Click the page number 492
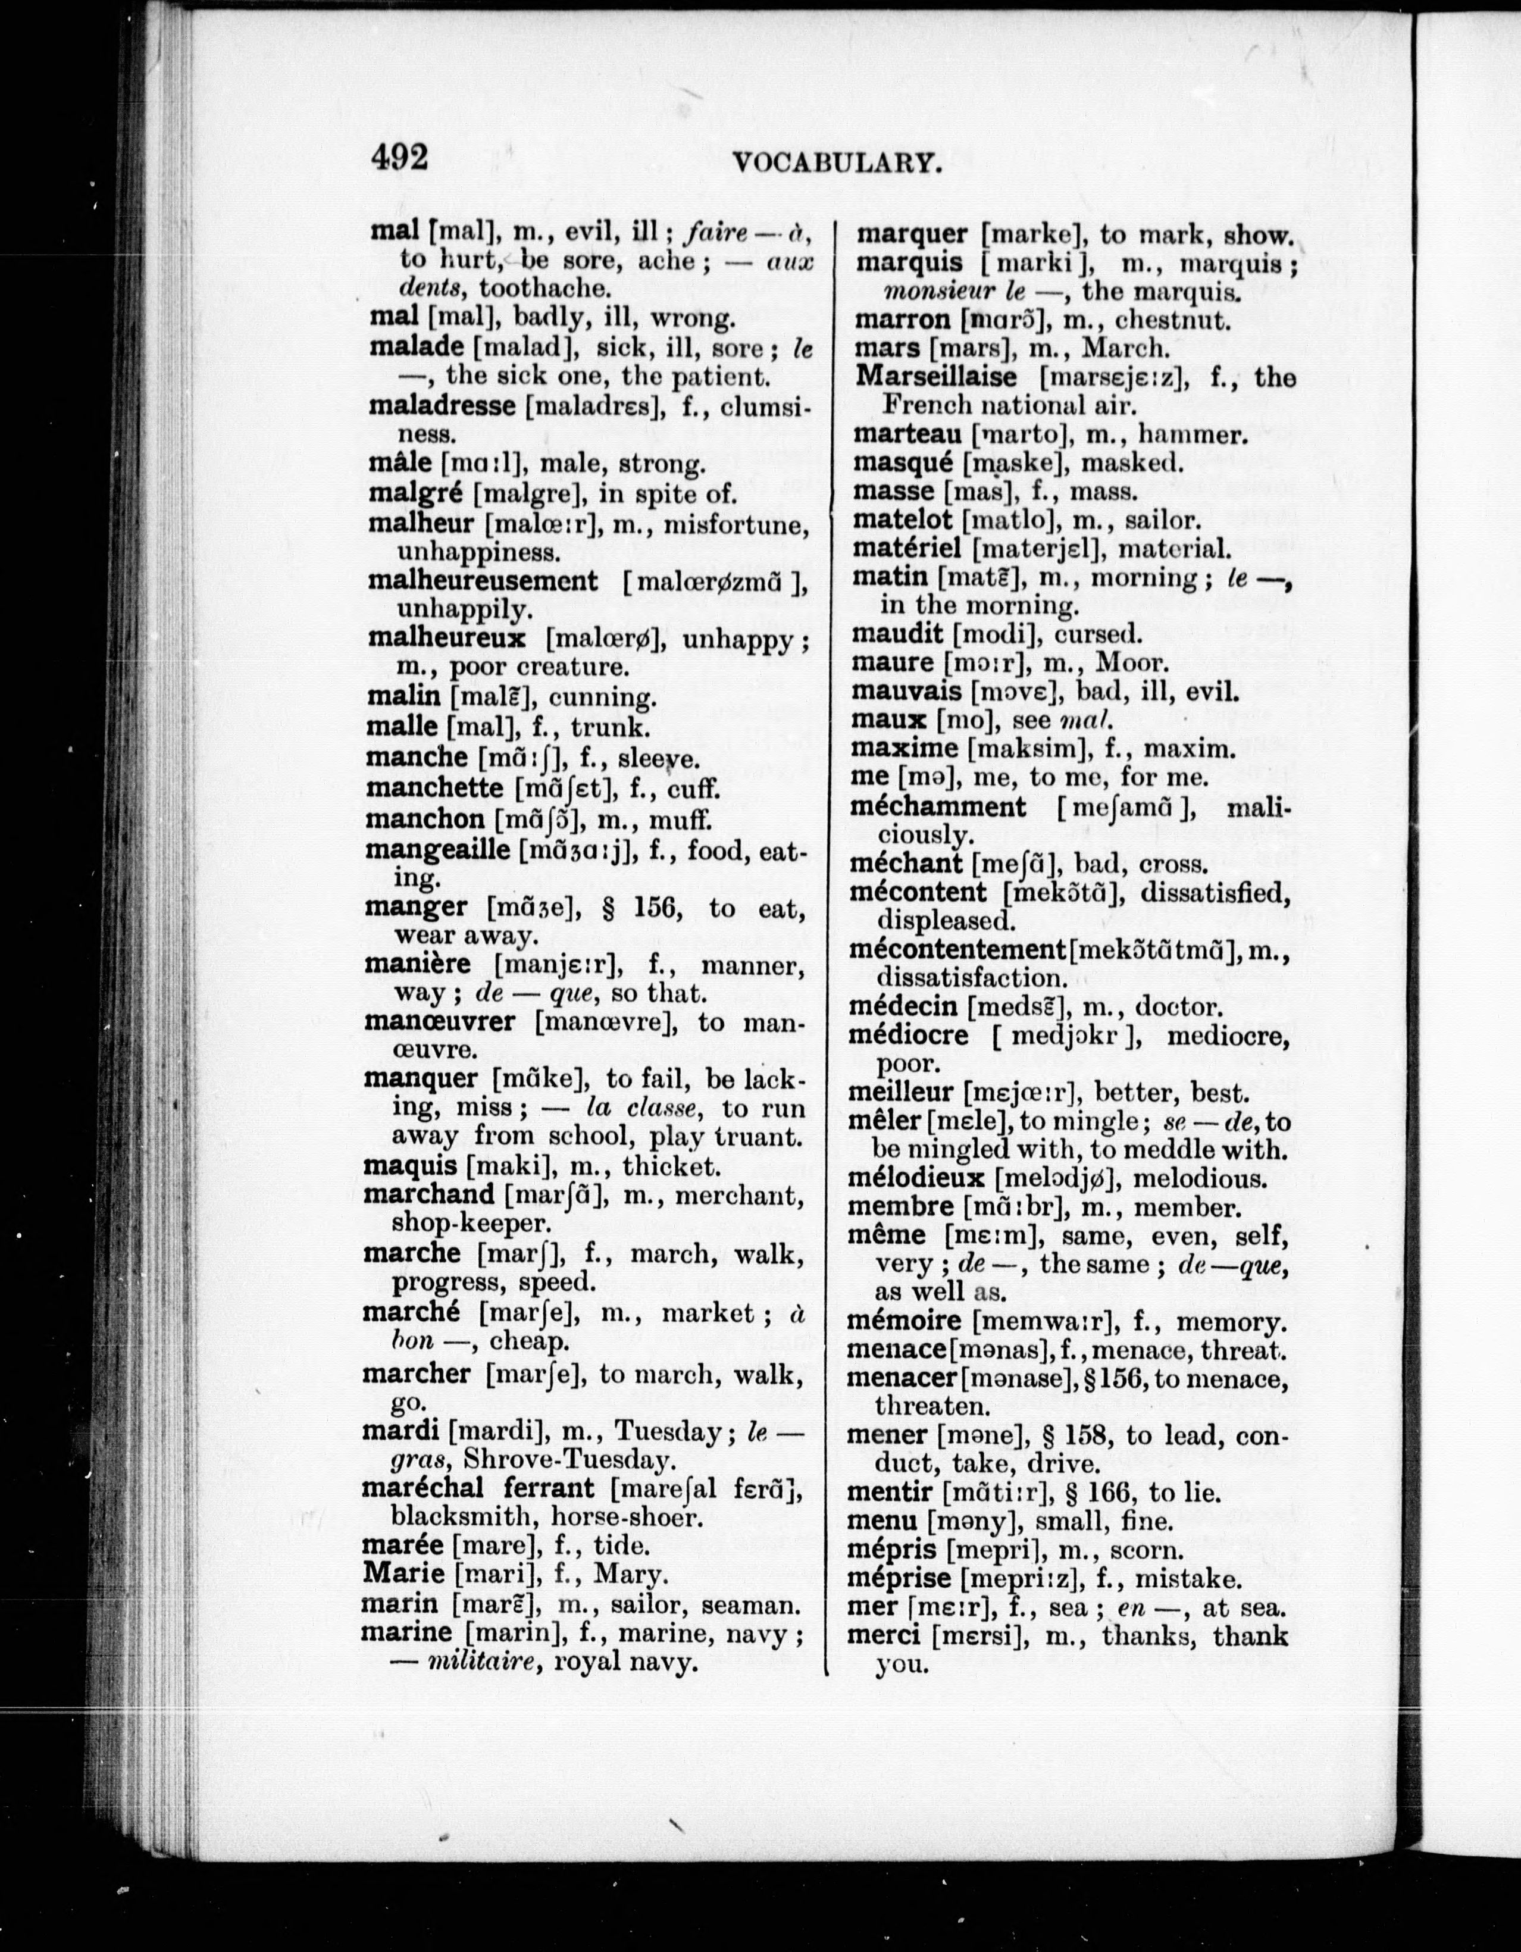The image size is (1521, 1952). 399,157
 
